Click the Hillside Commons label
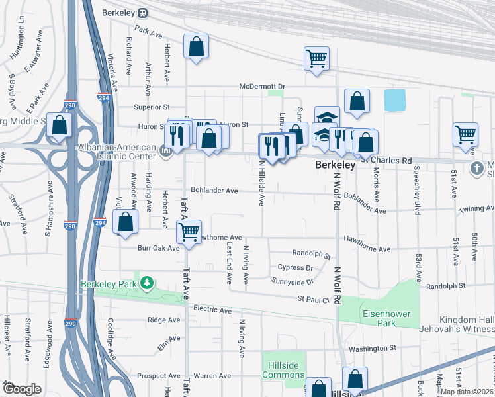pyautogui.click(x=283, y=369)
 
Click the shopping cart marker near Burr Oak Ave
pyautogui.click(x=189, y=232)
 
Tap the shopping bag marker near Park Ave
pyautogui.click(x=196, y=47)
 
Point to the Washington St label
pyautogui.click(x=373, y=348)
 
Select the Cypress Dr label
pyautogui.click(x=295, y=268)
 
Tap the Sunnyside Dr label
pyautogui.click(x=292, y=281)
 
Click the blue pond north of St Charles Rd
pyautogui.click(x=394, y=101)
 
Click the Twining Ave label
pyautogui.click(x=477, y=208)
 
